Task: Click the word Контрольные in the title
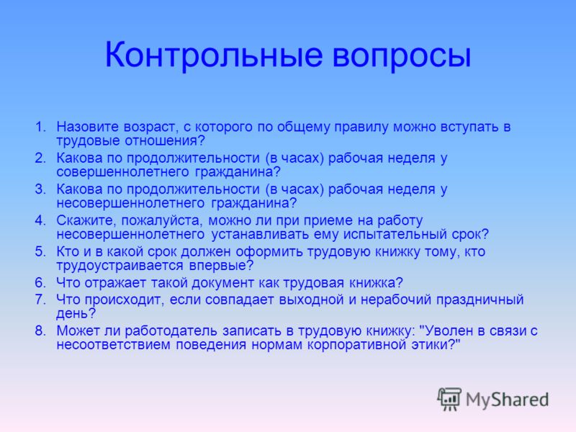pyautogui.click(x=213, y=55)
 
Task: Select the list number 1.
pyautogui.click(x=40, y=127)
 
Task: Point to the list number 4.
pyautogui.click(x=40, y=220)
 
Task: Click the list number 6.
pyautogui.click(x=40, y=283)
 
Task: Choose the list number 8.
pyautogui.click(x=40, y=331)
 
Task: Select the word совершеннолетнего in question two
pyautogui.click(x=122, y=172)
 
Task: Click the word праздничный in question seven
pyautogui.click(x=480, y=300)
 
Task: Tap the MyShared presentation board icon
pyautogui.click(x=449, y=400)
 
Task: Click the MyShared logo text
pyautogui.click(x=507, y=400)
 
